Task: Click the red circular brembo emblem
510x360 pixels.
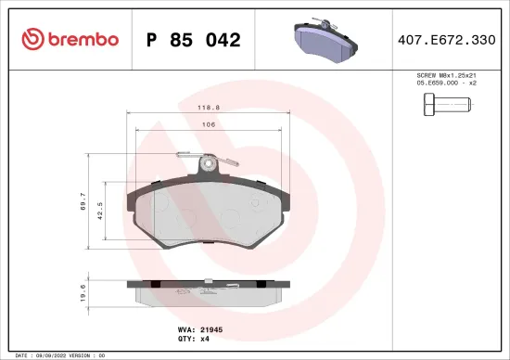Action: point(32,39)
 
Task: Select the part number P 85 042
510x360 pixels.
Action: point(195,40)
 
